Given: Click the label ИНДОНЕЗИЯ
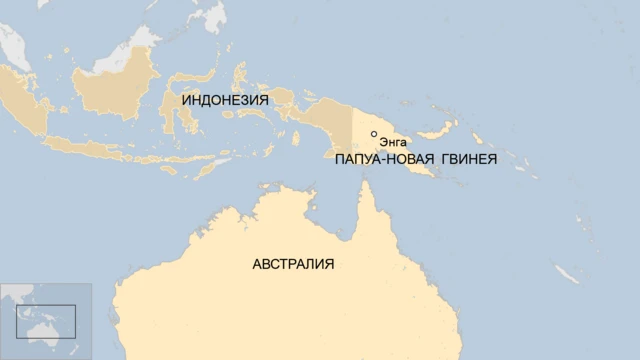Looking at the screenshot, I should coord(225,100).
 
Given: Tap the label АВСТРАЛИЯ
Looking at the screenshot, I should coord(293,264).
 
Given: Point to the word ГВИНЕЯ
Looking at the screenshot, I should coord(466,159).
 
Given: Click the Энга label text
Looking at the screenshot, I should coord(393,144).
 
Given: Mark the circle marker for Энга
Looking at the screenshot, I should coord(374,134).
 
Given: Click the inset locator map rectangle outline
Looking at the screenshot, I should coord(46,321).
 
